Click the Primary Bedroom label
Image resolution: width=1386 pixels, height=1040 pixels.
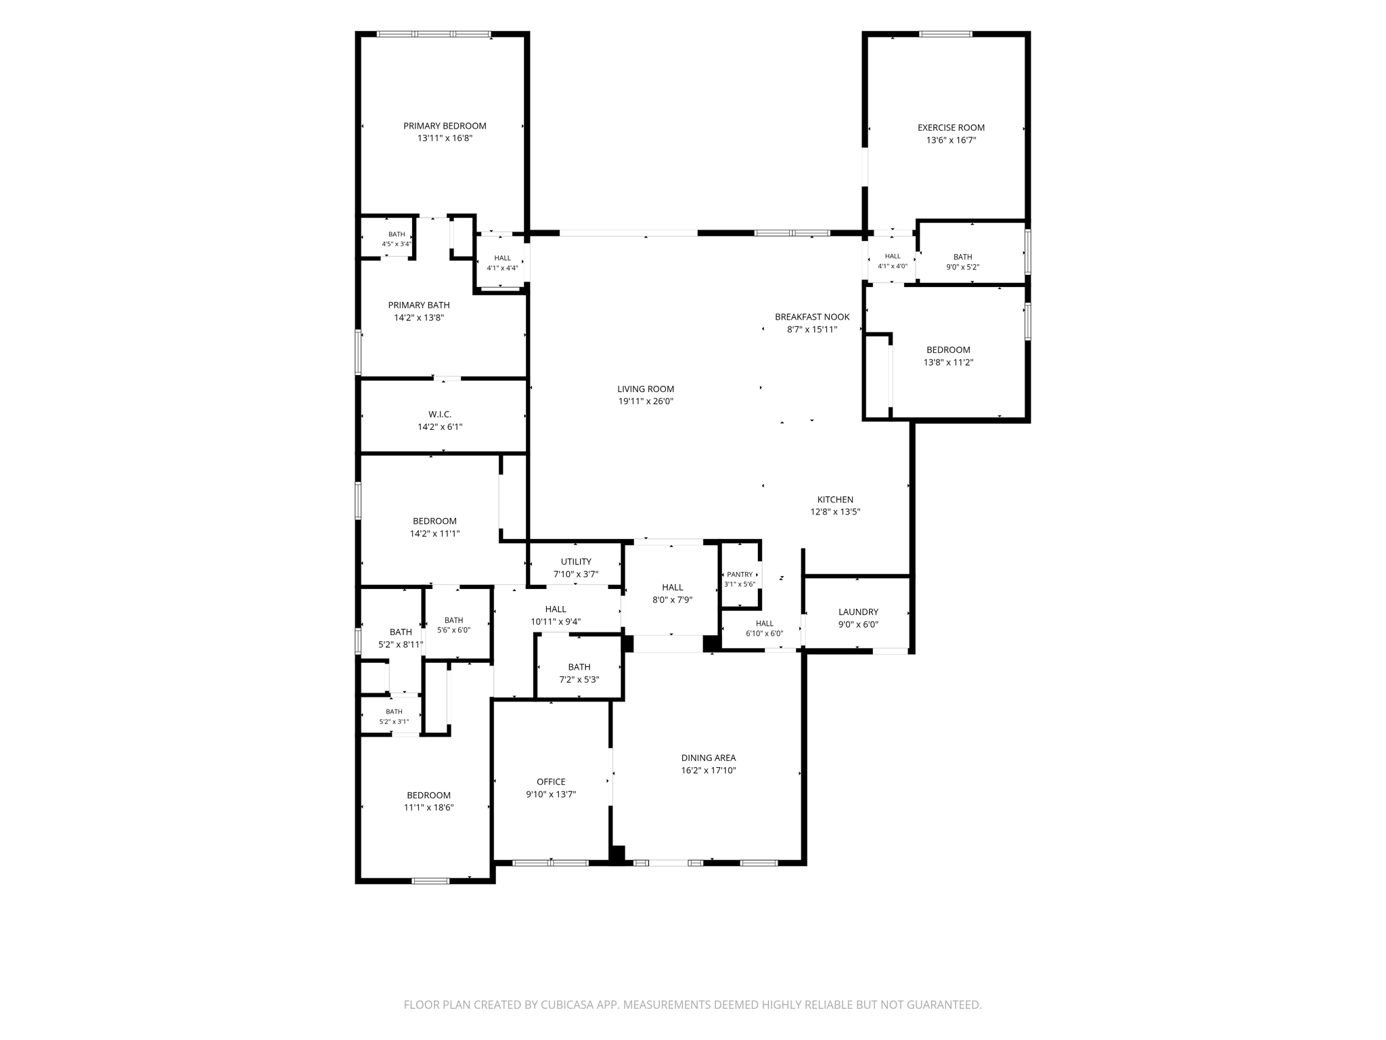(x=445, y=126)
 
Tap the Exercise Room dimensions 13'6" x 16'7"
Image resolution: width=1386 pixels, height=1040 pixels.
(x=951, y=140)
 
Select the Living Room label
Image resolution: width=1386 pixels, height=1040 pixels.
(x=646, y=389)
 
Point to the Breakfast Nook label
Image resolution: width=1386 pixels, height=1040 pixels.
(x=812, y=317)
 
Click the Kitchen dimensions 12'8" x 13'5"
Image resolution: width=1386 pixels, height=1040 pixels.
(x=835, y=512)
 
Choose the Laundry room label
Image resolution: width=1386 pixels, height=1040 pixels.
(x=858, y=612)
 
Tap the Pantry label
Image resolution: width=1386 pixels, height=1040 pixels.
(x=740, y=574)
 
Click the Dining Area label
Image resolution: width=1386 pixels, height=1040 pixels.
(x=709, y=758)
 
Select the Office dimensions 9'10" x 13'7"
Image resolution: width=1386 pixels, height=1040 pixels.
(x=551, y=794)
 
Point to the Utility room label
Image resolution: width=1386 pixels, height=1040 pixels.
(x=576, y=561)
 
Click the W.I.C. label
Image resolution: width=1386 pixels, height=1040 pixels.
(x=440, y=414)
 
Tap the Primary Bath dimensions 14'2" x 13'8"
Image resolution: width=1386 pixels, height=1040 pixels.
(x=419, y=318)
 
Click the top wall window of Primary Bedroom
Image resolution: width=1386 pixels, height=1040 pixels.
(x=434, y=34)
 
